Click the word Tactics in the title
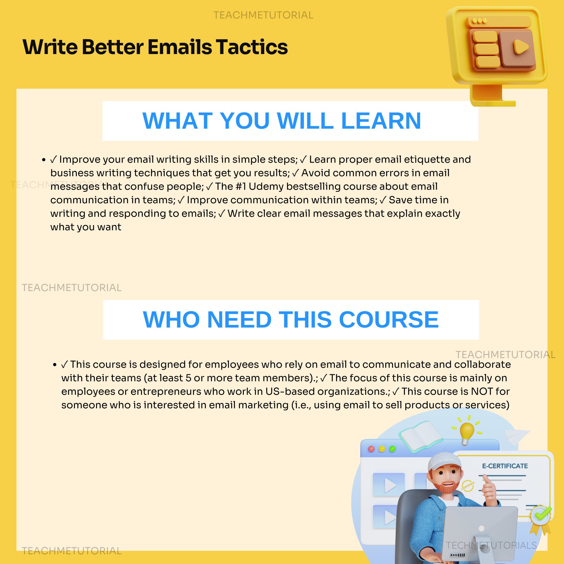click(x=252, y=47)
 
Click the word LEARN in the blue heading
click(x=381, y=121)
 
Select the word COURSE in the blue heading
click(x=389, y=320)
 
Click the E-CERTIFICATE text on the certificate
click(x=505, y=466)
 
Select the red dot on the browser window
click(x=371, y=449)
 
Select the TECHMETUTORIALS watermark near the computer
click(x=491, y=545)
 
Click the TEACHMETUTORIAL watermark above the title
click(x=263, y=15)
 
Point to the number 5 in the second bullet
click(x=188, y=378)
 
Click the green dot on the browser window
click(x=392, y=449)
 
